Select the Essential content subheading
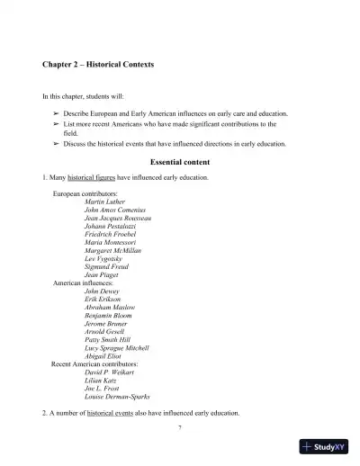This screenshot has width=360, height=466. pyautogui.click(x=180, y=162)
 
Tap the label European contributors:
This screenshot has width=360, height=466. pyautogui.click(x=85, y=193)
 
